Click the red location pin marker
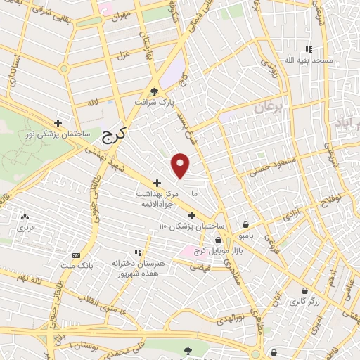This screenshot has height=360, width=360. (x=181, y=165)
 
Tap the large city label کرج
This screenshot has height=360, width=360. (x=112, y=135)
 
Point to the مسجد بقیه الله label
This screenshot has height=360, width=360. (x=308, y=61)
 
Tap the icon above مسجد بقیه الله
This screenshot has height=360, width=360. (x=308, y=49)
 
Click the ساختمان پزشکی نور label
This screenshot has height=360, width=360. (x=58, y=133)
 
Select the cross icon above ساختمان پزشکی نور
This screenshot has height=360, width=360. (x=58, y=122)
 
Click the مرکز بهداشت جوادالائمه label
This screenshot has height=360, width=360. (x=156, y=196)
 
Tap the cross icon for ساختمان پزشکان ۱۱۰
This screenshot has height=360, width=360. (x=191, y=215)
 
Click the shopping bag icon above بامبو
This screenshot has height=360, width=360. (x=245, y=217)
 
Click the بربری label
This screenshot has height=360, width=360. (x=25, y=228)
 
